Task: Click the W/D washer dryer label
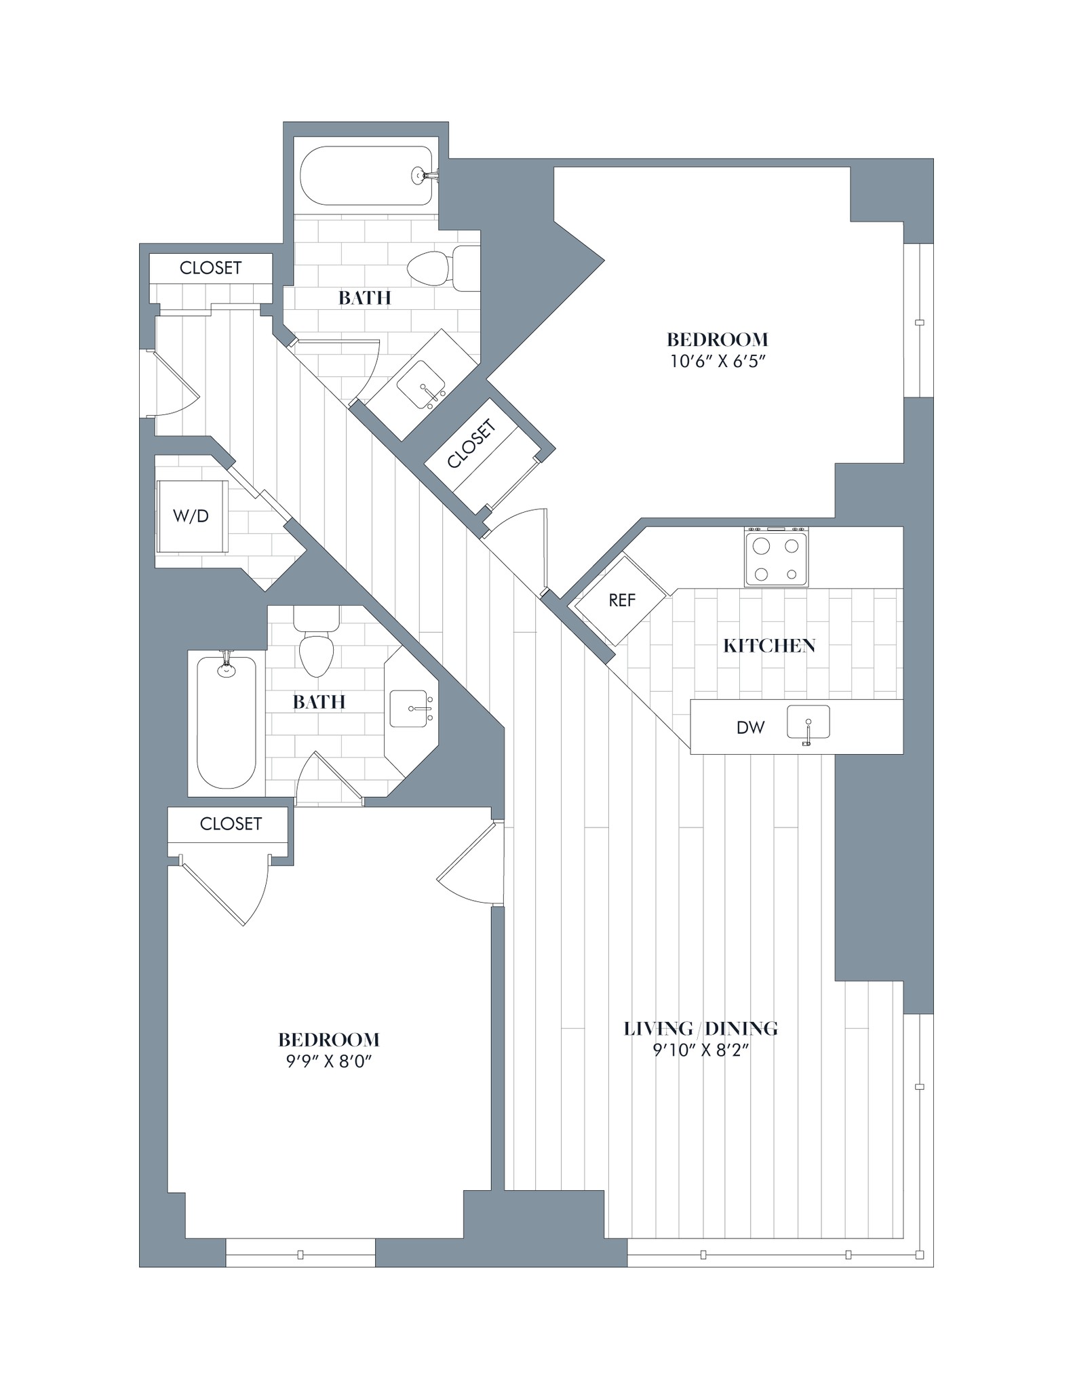(191, 516)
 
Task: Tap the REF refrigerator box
(621, 600)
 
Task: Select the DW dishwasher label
(750, 728)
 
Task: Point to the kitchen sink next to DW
(808, 723)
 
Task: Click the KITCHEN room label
(768, 646)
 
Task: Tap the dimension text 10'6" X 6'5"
(718, 361)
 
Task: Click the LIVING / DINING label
(700, 1029)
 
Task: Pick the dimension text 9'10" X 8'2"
(700, 1051)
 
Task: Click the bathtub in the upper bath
(366, 176)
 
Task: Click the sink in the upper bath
(421, 385)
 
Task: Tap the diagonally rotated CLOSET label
(472, 444)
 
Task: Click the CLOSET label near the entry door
(210, 268)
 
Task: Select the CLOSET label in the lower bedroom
(231, 823)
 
